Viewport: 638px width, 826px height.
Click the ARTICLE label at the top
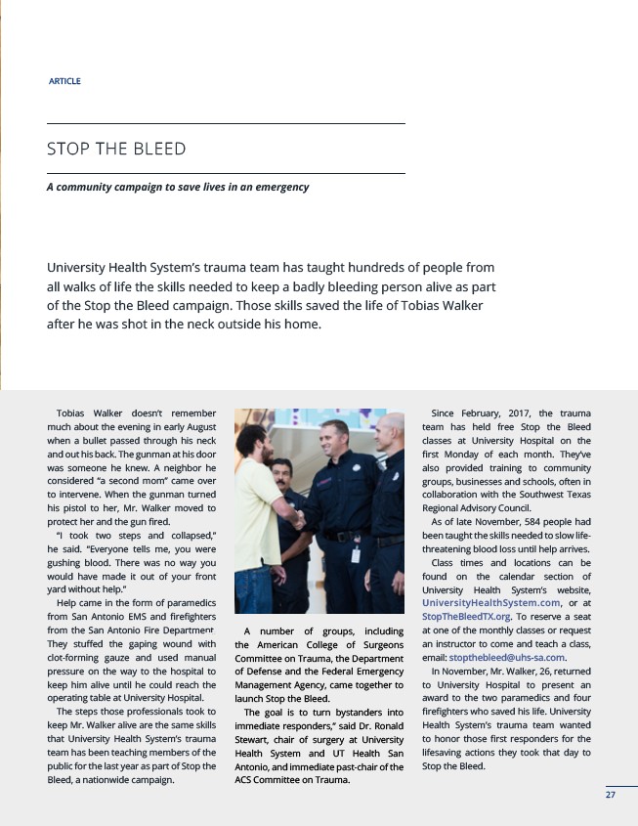[x=64, y=81]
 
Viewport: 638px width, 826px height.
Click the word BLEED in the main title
[x=157, y=149]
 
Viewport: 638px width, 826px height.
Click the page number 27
[x=610, y=795]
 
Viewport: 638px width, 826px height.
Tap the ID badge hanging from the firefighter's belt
[x=355, y=554]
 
